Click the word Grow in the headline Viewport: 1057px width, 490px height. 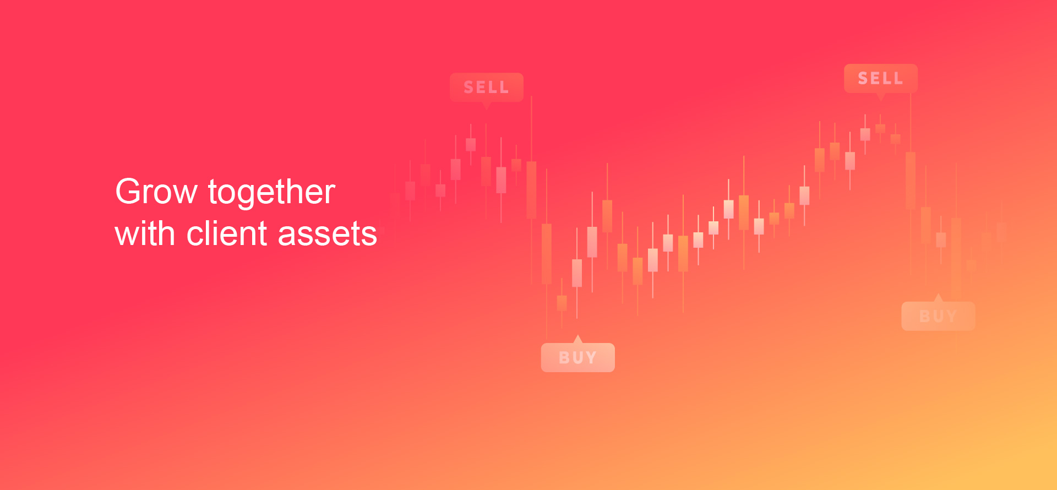click(x=156, y=192)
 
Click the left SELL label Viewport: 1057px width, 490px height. click(x=487, y=87)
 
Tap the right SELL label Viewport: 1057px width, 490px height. click(x=881, y=78)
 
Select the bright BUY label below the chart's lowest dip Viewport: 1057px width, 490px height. click(x=578, y=357)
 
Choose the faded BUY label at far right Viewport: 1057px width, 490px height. click(x=938, y=316)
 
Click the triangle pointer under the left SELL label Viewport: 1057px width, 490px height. click(x=486, y=105)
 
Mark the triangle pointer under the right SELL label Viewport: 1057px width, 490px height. click(x=881, y=96)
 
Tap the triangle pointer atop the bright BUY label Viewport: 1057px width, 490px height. click(x=577, y=339)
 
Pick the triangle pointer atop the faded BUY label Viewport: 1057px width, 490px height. click(x=939, y=298)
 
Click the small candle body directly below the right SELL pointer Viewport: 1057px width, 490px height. click(x=880, y=128)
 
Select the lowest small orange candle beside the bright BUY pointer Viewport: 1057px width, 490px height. click(x=562, y=303)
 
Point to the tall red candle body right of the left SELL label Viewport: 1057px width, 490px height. click(x=531, y=190)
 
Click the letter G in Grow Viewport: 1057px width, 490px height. click(x=128, y=192)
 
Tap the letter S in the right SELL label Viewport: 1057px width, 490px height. click(x=863, y=78)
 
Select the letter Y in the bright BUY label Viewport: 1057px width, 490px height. click(x=591, y=358)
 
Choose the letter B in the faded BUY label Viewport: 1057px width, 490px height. click(x=925, y=317)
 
